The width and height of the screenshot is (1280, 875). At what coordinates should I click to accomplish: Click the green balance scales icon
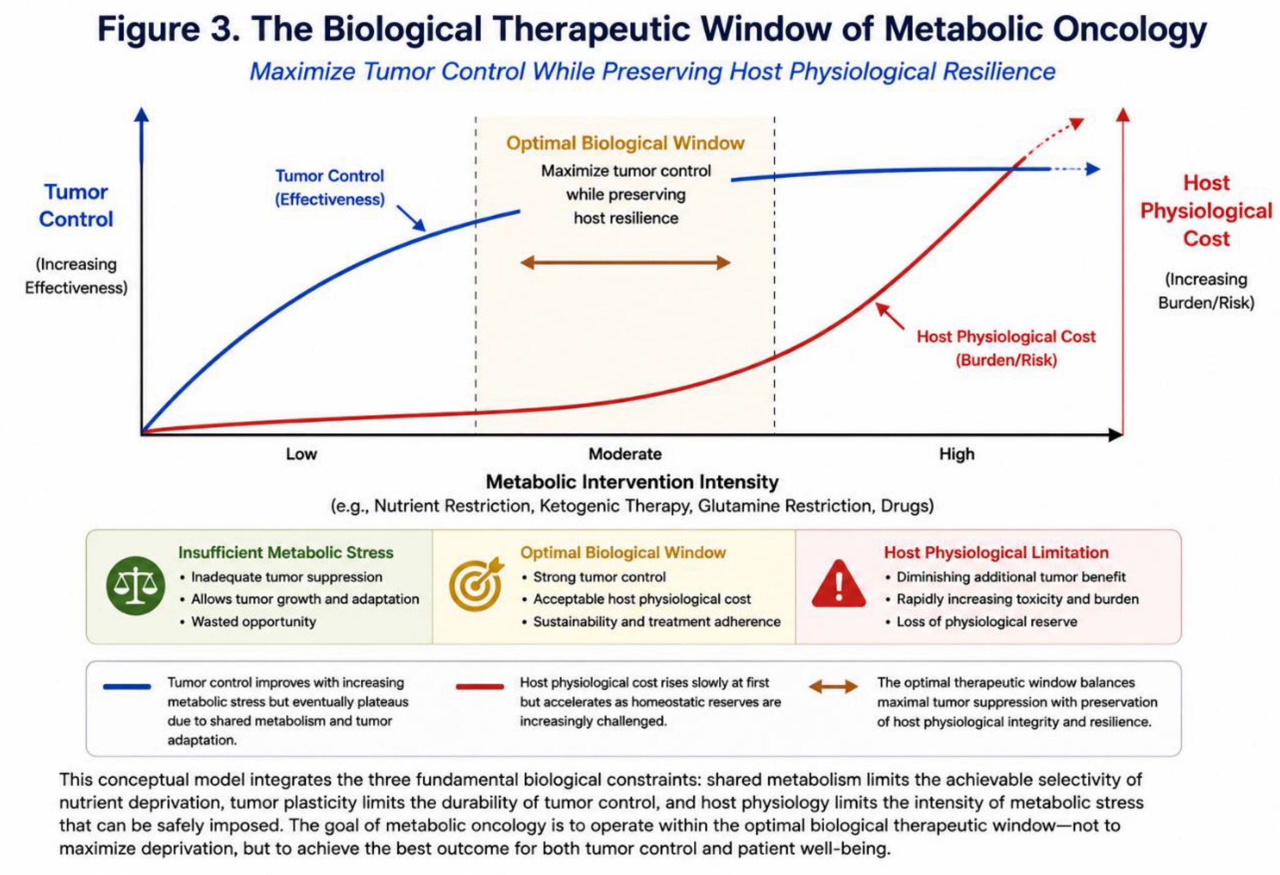(135, 586)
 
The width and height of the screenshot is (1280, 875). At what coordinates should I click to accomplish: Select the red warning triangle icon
(839, 584)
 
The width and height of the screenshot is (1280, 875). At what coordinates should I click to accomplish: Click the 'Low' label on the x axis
(301, 454)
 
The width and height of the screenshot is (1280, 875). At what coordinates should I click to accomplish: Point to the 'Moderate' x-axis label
(625, 454)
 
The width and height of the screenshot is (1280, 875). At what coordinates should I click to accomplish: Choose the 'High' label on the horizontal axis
(957, 454)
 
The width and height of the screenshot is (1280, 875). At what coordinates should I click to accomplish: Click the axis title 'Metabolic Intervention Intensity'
(632, 482)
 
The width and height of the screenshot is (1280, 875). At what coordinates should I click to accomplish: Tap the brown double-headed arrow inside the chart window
(625, 263)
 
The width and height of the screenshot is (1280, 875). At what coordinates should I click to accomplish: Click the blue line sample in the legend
(127, 687)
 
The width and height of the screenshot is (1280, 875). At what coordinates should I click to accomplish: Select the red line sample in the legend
(480, 687)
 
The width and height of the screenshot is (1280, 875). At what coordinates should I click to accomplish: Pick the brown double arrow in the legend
(833, 687)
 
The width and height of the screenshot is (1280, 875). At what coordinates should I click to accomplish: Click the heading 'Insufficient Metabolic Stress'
(286, 553)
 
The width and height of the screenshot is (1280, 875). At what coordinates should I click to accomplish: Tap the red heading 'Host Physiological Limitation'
(996, 553)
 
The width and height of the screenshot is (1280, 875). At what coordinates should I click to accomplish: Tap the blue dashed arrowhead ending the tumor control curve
(1093, 169)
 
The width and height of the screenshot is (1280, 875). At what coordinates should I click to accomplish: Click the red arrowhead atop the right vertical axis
(1123, 114)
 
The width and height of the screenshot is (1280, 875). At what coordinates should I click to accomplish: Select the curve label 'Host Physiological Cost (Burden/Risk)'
(1006, 348)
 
